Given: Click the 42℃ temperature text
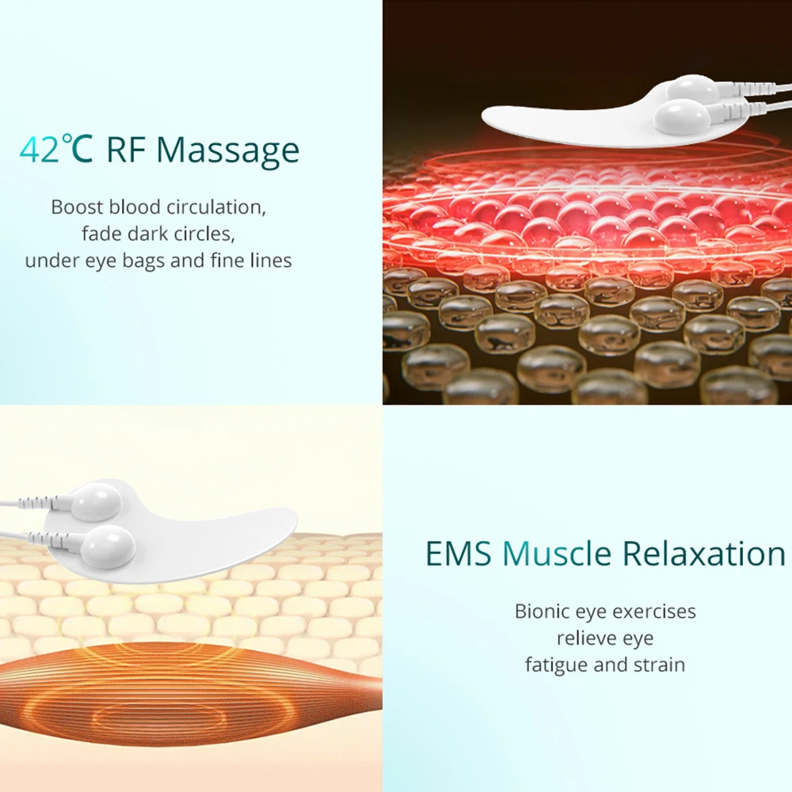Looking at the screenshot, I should (56, 149).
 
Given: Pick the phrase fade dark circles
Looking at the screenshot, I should (158, 234).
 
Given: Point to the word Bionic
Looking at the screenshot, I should (543, 611).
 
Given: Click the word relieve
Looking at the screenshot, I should (584, 638).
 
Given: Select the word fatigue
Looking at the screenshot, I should (557, 664).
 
